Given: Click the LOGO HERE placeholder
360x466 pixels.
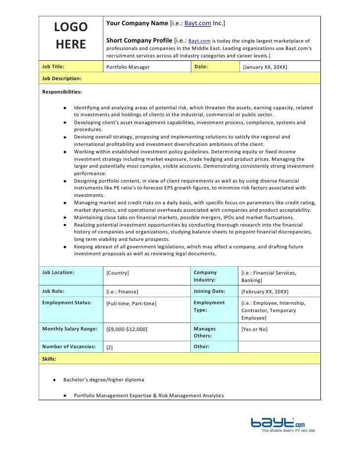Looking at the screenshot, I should point(71,36).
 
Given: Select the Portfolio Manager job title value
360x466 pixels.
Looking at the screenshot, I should point(128,67).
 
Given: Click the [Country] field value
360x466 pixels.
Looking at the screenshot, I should point(118,273).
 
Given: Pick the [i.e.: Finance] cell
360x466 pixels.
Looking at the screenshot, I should point(123,292).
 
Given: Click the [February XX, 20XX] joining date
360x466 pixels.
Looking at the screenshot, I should point(265,292).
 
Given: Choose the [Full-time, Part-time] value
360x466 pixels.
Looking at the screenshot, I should point(132,303).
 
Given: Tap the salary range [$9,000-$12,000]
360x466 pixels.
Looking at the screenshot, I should point(127,329).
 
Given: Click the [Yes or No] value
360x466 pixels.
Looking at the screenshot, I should point(254,329).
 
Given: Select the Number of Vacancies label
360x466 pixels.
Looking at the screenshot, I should point(69,347).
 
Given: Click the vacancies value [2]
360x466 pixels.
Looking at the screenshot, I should point(110,347).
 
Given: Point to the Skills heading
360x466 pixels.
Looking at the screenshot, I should point(49,358).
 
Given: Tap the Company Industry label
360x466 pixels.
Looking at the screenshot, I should point(205,277).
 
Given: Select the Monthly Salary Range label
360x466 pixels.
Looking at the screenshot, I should point(70,328).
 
